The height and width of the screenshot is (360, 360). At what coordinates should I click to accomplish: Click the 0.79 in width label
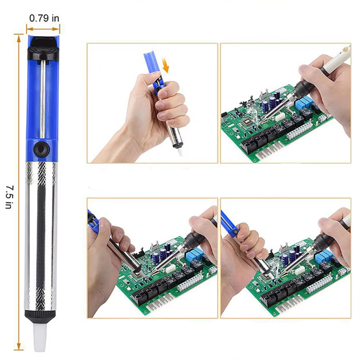(44, 18)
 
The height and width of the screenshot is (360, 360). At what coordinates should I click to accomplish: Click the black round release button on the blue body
(41, 149)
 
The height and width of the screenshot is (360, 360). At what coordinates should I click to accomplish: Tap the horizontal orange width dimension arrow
(43, 29)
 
